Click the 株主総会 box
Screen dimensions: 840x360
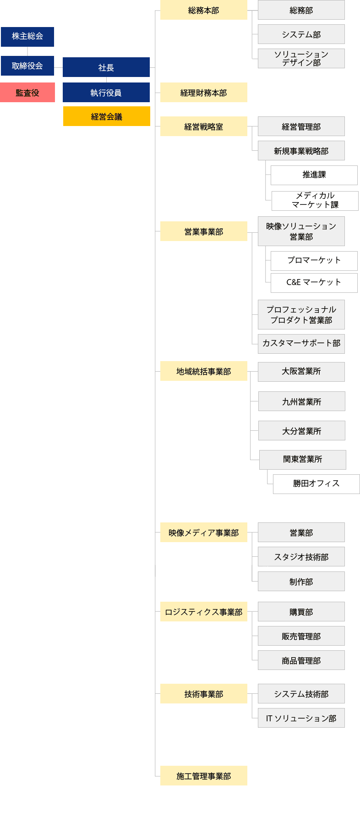[27, 37]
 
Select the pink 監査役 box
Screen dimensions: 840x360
[27, 93]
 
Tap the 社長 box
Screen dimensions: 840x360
[106, 67]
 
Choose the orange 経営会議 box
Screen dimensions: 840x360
[107, 116]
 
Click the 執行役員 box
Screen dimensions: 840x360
[106, 93]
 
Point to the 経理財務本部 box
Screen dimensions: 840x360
[204, 93]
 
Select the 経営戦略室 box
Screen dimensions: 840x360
[204, 126]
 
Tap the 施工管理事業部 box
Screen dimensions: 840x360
[204, 776]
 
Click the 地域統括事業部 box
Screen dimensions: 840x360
[204, 371]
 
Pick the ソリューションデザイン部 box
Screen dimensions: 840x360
[301, 59]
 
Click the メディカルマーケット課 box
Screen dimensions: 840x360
[315, 201]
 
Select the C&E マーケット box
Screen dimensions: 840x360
[314, 283]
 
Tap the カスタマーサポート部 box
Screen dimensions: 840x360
[301, 344]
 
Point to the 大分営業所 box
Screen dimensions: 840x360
[302, 431]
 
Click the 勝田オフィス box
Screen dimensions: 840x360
[316, 484]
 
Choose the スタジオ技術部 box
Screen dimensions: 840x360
[301, 557]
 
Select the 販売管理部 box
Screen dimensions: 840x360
[301, 636]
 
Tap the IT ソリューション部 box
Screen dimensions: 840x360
[301, 718]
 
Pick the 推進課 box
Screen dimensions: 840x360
[314, 175]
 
